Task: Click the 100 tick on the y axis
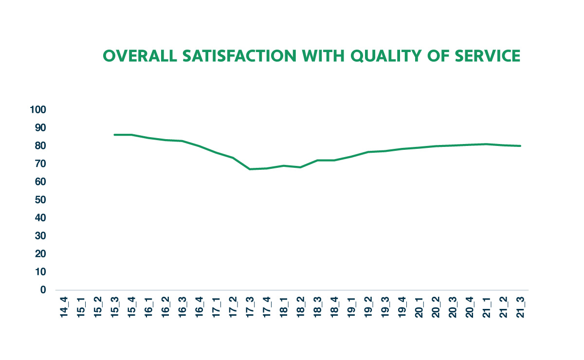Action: click(x=38, y=110)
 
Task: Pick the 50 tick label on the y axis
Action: click(x=40, y=200)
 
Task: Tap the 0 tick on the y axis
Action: click(x=43, y=290)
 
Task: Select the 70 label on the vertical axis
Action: click(x=40, y=164)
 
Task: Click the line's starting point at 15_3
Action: click(x=114, y=135)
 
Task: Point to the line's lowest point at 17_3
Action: click(x=250, y=169)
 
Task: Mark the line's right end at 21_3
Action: click(x=520, y=146)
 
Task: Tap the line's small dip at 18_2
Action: click(x=301, y=167)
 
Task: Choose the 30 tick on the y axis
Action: click(x=40, y=236)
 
